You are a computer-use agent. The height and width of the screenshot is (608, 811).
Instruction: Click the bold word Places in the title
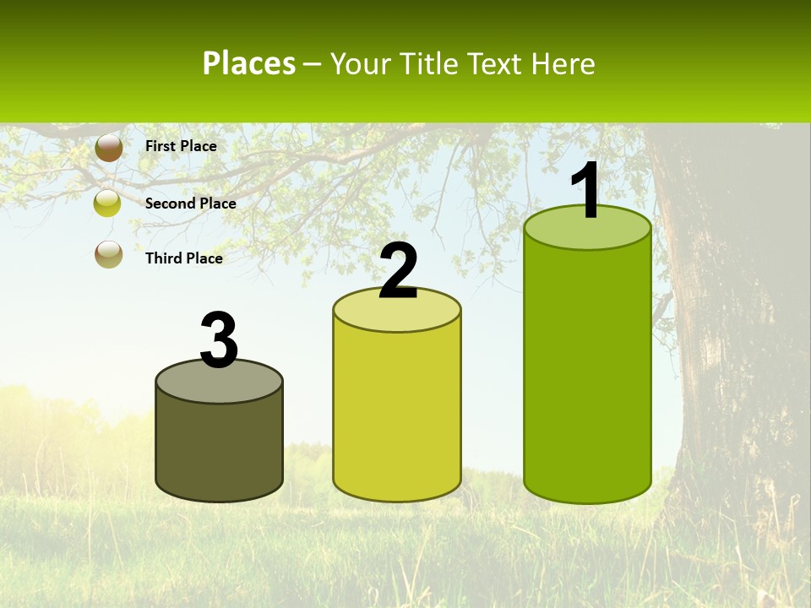(x=249, y=63)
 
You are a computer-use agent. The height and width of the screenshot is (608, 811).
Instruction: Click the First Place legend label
(x=181, y=146)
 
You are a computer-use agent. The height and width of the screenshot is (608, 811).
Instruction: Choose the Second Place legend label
(x=190, y=204)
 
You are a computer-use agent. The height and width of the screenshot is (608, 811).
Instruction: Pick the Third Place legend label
(x=183, y=258)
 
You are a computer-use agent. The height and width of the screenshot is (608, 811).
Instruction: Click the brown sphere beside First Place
(x=109, y=147)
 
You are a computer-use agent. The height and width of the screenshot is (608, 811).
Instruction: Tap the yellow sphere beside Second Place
(x=107, y=204)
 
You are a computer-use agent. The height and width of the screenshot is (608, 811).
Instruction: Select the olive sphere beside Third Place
(x=109, y=253)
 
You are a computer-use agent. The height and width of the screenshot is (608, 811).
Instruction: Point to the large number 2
(x=399, y=272)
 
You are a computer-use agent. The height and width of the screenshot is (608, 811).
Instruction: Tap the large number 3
(x=219, y=340)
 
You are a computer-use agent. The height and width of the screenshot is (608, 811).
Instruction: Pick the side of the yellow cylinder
(x=397, y=414)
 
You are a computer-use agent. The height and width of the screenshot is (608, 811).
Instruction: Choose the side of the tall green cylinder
(x=588, y=372)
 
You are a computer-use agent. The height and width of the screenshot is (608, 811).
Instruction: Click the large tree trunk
(x=735, y=338)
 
